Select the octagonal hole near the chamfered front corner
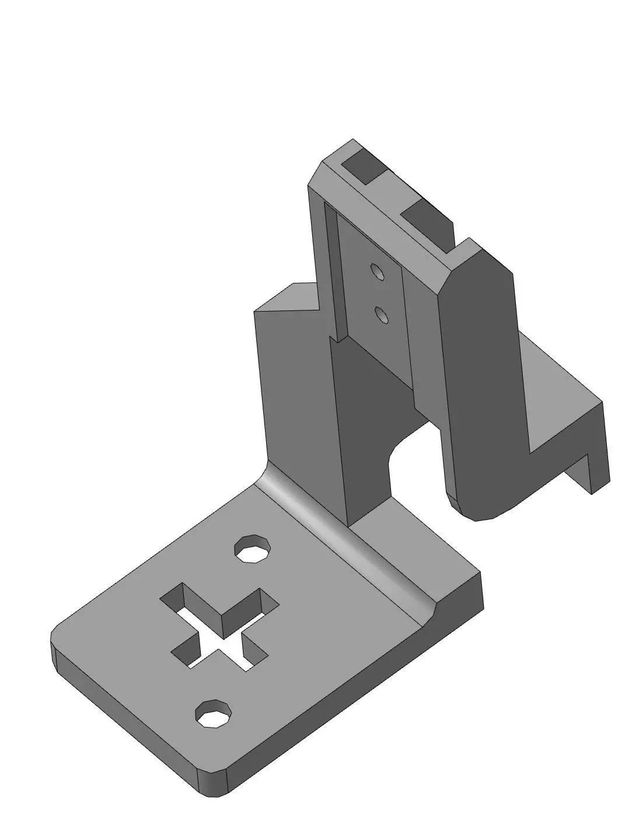[x=214, y=714]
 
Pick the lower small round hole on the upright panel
[x=382, y=315]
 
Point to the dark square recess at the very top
[x=361, y=167]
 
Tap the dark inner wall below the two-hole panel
[x=373, y=420]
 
